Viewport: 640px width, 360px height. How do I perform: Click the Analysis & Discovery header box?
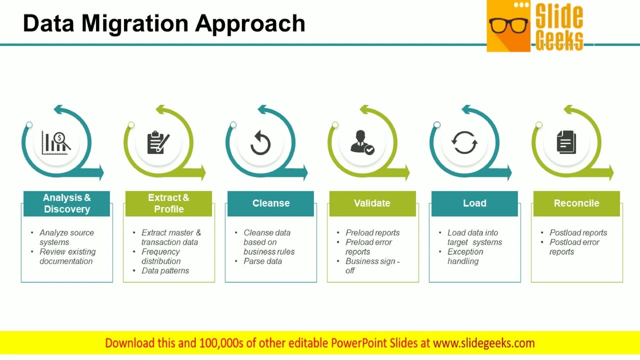[66, 203]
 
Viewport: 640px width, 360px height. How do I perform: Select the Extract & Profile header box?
[168, 203]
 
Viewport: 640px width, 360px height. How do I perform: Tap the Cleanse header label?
[270, 203]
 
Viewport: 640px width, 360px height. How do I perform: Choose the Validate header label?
[372, 203]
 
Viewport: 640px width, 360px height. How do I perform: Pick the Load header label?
[474, 203]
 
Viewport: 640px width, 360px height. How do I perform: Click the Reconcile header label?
[576, 203]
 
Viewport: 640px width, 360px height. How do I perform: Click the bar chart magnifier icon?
[56, 143]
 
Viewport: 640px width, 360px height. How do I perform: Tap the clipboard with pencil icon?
[158, 143]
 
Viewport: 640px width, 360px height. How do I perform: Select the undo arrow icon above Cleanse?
[260, 143]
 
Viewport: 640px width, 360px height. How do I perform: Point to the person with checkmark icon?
[362, 142]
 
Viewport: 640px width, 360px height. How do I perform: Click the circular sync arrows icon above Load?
[464, 143]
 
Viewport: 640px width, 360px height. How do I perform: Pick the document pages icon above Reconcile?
[566, 142]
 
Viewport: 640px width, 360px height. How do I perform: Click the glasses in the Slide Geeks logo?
[508, 25]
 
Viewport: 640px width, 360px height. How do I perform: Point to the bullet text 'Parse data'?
[262, 261]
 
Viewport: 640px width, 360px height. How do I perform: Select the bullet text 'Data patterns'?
[165, 270]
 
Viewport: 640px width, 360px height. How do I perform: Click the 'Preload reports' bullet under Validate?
[372, 232]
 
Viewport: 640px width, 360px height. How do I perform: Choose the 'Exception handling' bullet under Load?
[465, 256]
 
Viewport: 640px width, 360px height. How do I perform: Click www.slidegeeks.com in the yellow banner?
[483, 343]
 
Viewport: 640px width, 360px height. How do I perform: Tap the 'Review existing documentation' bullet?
[67, 256]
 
